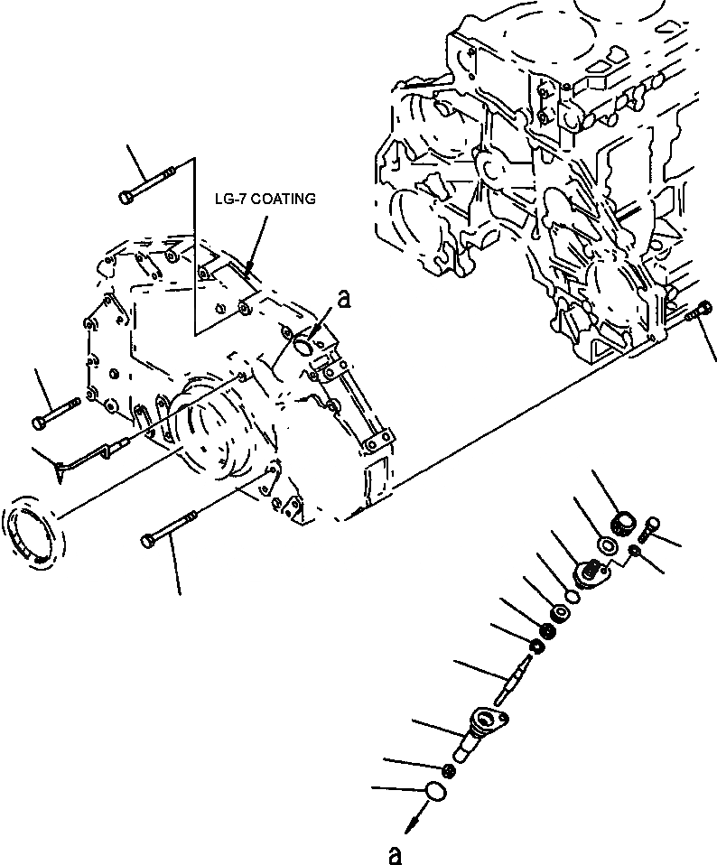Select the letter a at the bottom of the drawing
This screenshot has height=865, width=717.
(392, 851)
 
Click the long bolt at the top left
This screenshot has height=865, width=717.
(152, 186)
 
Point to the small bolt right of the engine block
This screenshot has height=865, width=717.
(699, 312)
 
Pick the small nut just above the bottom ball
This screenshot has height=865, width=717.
(451, 770)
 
